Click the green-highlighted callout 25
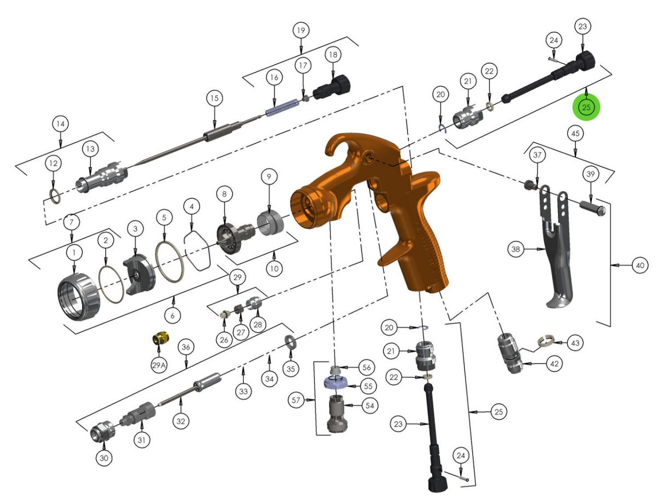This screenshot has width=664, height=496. [x=586, y=108]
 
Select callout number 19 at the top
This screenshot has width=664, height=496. [x=300, y=30]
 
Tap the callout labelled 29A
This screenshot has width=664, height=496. [x=159, y=365]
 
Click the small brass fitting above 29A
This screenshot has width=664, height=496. [x=160, y=339]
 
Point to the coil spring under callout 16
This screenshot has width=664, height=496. [x=282, y=107]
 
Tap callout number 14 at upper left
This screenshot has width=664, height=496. [x=61, y=125]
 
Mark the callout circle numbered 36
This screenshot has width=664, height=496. [x=186, y=347]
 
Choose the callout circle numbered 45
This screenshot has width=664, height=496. [x=574, y=133]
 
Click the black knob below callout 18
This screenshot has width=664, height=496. [x=332, y=87]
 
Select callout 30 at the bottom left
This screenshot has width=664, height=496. [x=104, y=458]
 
